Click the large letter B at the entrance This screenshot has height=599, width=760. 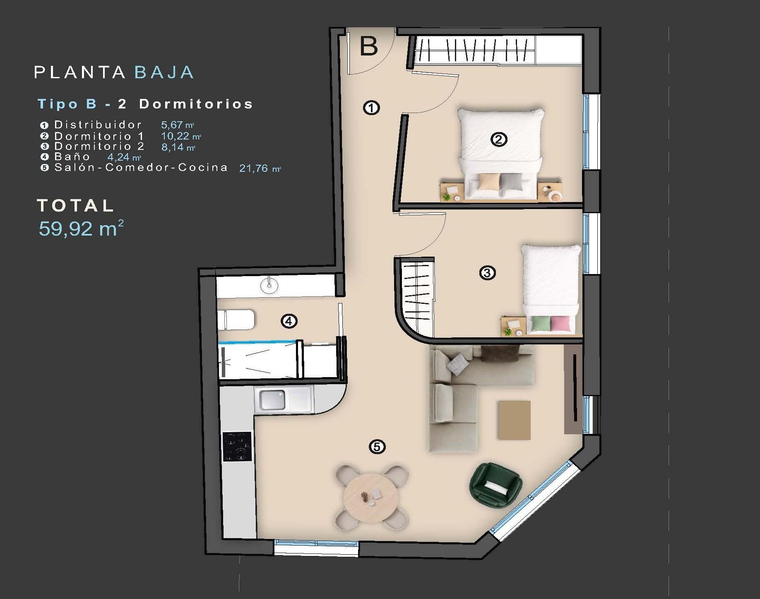369,46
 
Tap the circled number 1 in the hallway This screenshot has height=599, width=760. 371,108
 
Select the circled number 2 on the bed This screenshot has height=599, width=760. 498,140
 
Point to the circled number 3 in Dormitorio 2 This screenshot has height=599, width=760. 487,273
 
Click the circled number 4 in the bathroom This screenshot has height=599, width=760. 289,321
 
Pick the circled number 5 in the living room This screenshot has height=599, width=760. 377,447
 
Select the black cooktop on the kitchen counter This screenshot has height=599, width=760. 237,446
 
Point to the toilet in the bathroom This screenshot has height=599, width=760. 236,320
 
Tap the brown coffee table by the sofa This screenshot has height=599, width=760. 514,420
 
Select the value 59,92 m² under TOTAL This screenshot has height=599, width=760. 81,229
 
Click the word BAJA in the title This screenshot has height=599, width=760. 164,72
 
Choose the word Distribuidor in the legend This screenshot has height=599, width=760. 98,125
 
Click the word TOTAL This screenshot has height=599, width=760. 75,206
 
